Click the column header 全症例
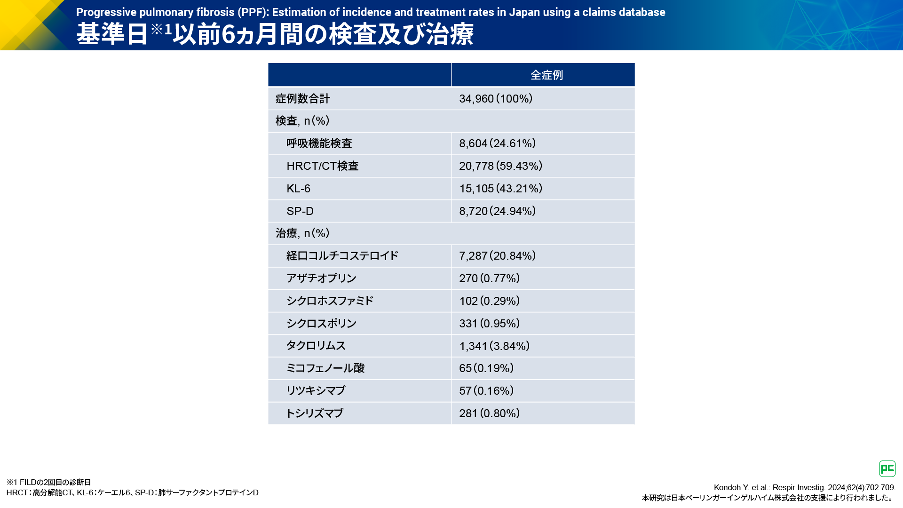tap(547, 75)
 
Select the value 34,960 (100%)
tap(496, 99)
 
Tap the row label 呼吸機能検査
tap(319, 143)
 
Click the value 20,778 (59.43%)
tap(500, 166)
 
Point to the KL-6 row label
tap(298, 189)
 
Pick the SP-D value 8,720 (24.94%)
tap(497, 211)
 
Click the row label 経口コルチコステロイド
tap(342, 256)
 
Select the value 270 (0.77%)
tap(489, 278)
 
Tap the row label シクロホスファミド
tap(330, 301)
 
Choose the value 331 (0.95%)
tap(489, 324)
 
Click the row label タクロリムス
tap(316, 346)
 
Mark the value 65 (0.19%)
tap(486, 368)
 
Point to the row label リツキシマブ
tap(316, 391)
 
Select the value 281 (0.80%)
tap(489, 413)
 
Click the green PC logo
tap(887, 468)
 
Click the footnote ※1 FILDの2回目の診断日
tap(48, 482)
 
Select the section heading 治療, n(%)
tap(302, 233)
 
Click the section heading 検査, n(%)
tap(302, 121)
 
